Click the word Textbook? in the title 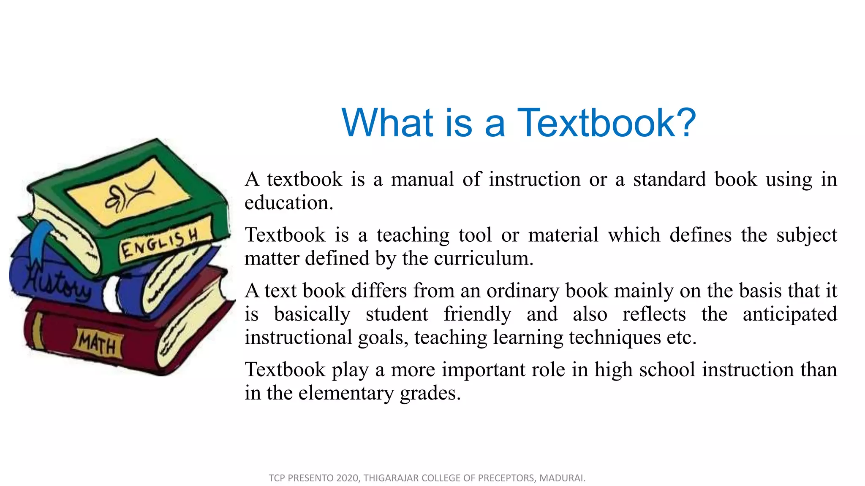607,123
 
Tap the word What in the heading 387,123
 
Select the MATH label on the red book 98,343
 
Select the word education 289,203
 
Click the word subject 806,235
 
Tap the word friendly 477,314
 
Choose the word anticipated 789,314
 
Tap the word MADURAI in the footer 562,478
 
